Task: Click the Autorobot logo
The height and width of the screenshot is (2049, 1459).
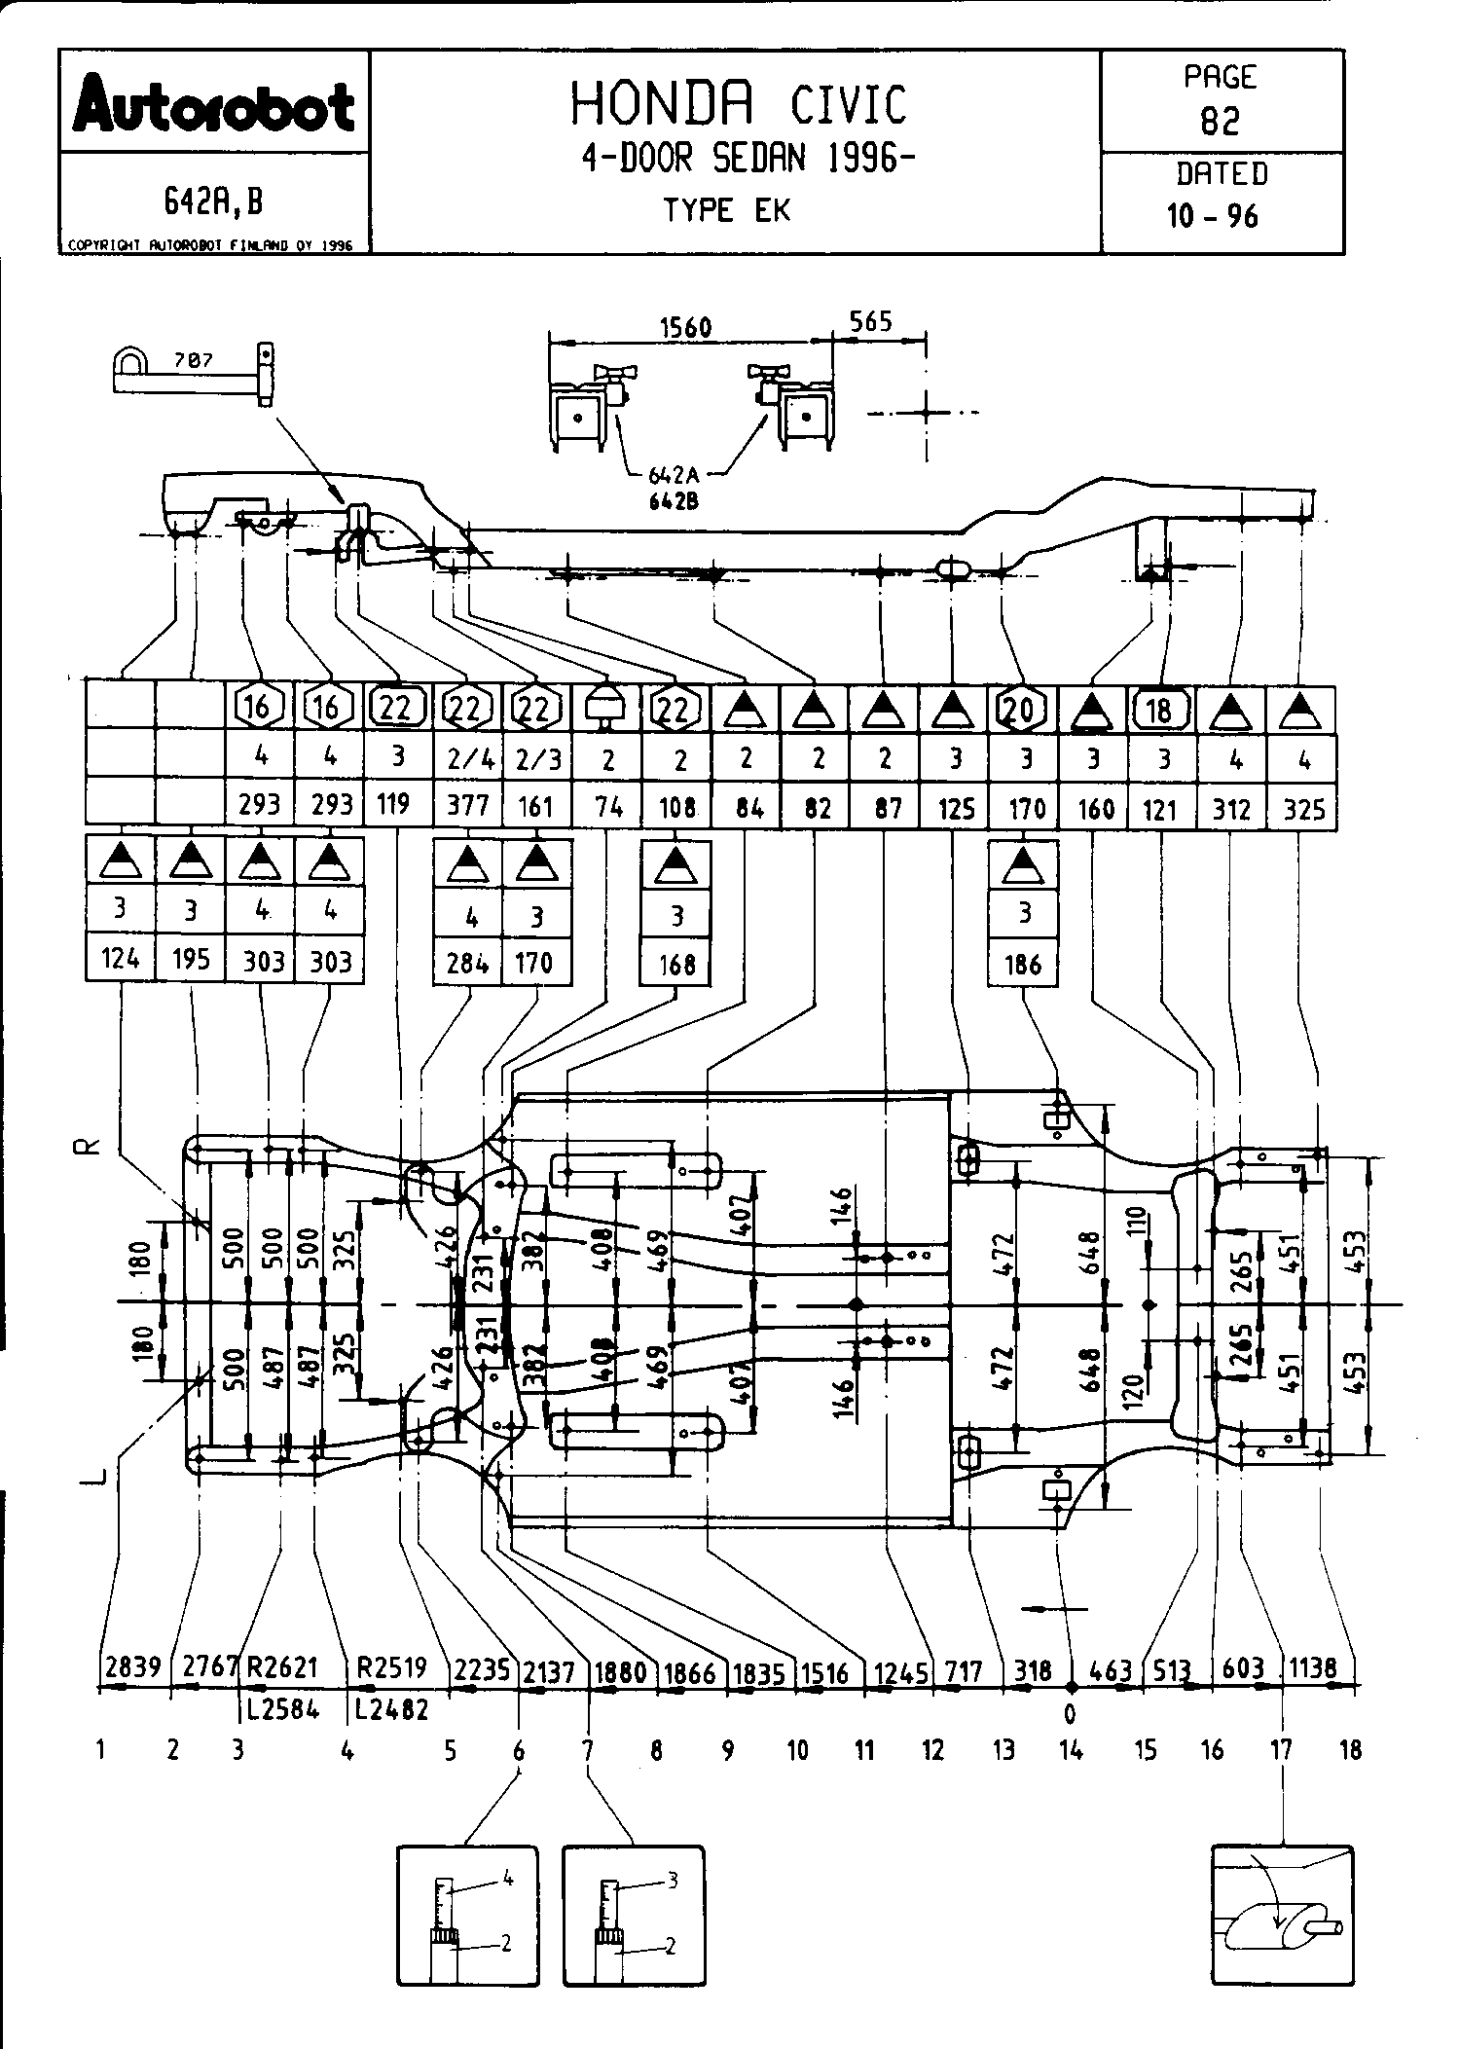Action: pyautogui.click(x=213, y=105)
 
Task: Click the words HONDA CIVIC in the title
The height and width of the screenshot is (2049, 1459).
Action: pyautogui.click(x=737, y=103)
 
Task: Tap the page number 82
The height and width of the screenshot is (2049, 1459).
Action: pyautogui.click(x=1221, y=122)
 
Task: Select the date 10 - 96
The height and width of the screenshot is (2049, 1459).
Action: pyautogui.click(x=1213, y=215)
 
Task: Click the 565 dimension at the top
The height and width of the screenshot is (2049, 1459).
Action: pyautogui.click(x=870, y=321)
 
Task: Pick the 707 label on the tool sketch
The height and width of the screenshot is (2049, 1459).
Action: pyautogui.click(x=193, y=360)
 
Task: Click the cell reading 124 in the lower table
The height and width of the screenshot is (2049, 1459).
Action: pyautogui.click(x=120, y=960)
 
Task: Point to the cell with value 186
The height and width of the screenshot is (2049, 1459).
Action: pyautogui.click(x=1022, y=965)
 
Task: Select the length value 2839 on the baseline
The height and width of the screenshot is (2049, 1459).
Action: pyautogui.click(x=132, y=1667)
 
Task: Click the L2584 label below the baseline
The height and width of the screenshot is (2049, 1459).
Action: pyautogui.click(x=282, y=1708)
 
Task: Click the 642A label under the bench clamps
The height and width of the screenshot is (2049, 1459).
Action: pyautogui.click(x=674, y=476)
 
